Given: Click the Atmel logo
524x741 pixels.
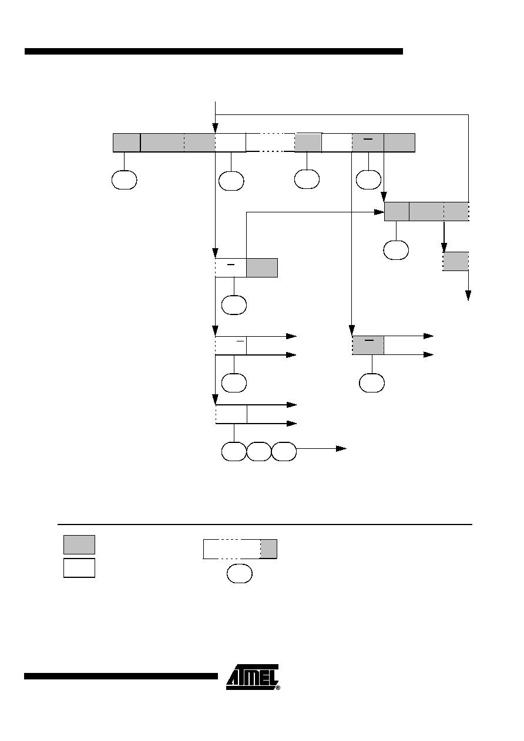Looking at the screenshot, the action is coord(252,677).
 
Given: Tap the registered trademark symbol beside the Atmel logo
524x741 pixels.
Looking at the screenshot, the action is coord(278,688).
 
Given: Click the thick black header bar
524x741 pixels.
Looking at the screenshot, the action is coord(214,51).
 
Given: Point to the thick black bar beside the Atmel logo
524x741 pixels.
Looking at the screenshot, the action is coord(121,676).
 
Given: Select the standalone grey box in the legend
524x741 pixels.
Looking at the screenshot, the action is coord(79,545).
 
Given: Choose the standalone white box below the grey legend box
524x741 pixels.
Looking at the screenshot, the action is coord(79,568).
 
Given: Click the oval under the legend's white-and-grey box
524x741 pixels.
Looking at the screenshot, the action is coord(240,574).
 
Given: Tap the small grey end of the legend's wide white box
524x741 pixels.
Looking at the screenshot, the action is coord(268,549).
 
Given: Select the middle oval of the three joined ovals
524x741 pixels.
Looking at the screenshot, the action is coord(259,451).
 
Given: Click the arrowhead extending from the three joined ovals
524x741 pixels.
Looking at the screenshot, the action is coord(341,449).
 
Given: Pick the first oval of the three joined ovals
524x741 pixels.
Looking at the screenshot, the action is coord(234,451).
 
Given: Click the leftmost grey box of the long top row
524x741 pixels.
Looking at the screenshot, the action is coord(126,143).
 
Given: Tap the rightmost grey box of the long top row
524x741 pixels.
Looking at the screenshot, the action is coord(399,143).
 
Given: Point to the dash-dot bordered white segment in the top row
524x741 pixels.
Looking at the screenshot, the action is coord(270,143).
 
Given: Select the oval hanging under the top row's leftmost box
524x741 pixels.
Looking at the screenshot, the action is coord(124,180).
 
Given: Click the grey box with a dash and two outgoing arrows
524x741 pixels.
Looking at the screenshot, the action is coord(368,346).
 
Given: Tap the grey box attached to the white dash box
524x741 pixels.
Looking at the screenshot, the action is coord(262,268).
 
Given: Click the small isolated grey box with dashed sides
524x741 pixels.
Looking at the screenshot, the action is coord(456,261).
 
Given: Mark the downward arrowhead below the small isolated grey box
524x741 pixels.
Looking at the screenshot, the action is coord(468,296).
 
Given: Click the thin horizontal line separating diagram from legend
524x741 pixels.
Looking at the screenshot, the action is coord(265,525).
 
